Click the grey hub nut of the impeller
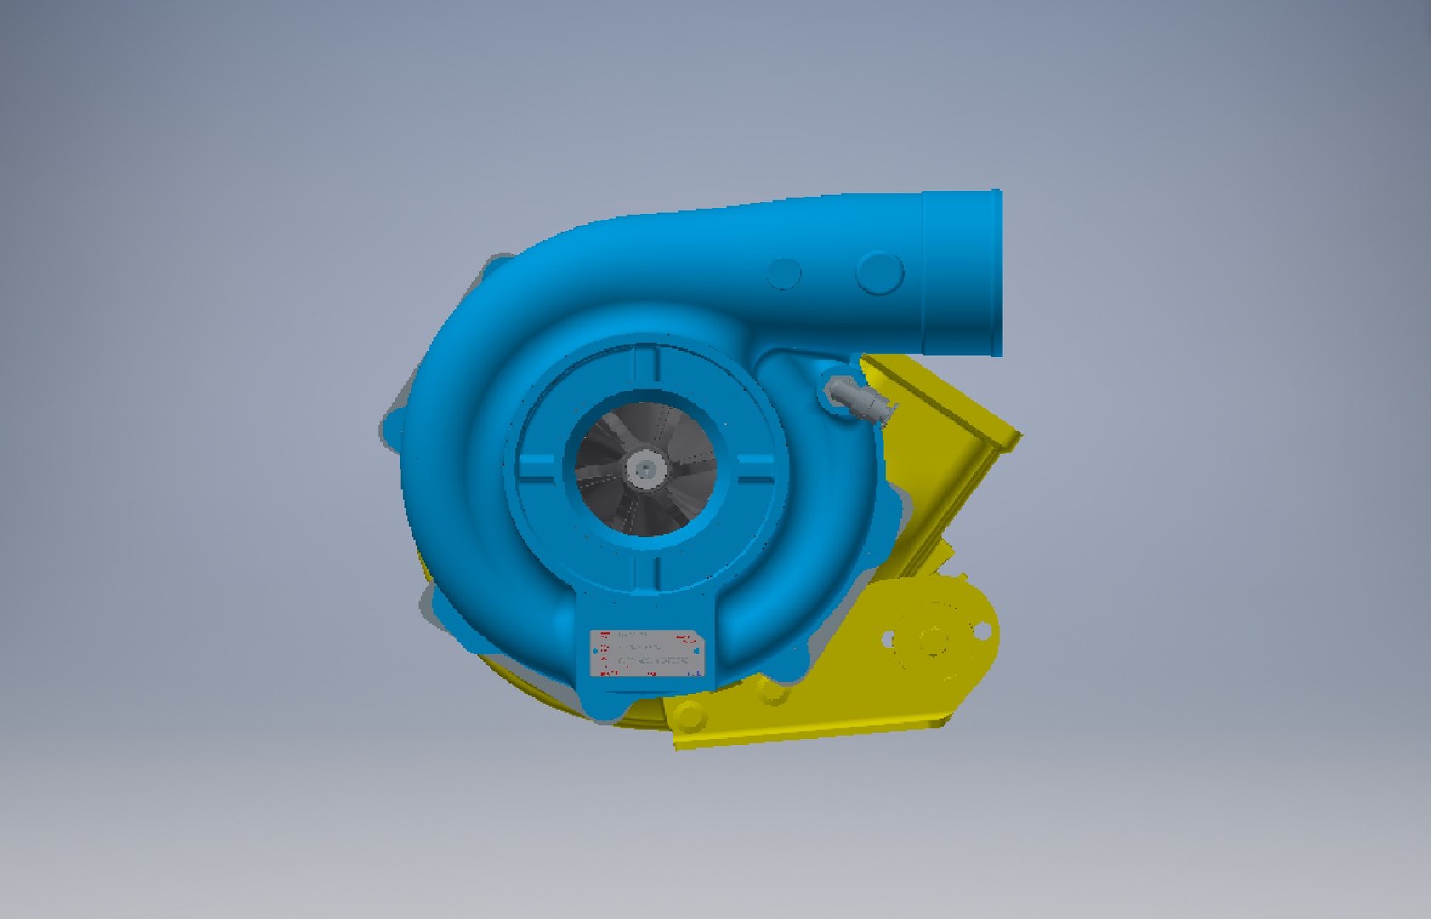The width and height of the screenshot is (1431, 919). tap(646, 469)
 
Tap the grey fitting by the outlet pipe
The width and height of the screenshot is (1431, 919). tap(855, 397)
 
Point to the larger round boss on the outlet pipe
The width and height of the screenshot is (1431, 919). tap(879, 272)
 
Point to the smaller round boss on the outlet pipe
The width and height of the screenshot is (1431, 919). tap(784, 273)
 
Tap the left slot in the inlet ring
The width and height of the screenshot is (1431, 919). tap(542, 470)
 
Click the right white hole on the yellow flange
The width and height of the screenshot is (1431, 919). tap(981, 631)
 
